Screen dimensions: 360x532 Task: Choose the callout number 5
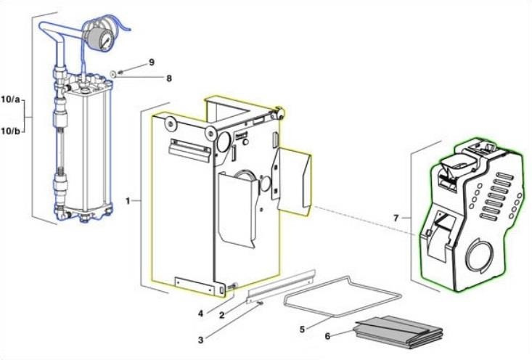click(301, 328)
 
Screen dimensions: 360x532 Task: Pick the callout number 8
click(168, 77)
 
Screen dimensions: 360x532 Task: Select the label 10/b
click(12, 131)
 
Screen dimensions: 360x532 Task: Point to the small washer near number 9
click(115, 73)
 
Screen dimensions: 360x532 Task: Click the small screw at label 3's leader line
click(258, 304)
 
